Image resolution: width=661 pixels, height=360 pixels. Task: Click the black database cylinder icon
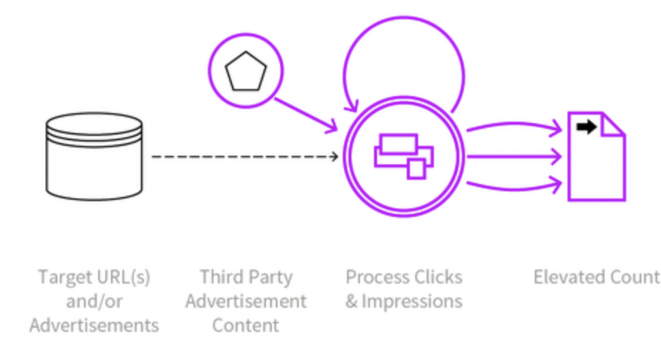tap(94, 156)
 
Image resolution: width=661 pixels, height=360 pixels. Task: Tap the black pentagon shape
tap(246, 71)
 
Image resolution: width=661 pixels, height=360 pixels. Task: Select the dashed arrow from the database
tap(245, 156)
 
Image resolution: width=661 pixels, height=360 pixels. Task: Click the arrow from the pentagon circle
tap(306, 115)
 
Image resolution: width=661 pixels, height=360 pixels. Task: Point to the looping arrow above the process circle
tap(404, 63)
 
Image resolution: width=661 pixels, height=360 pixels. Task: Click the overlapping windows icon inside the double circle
tap(404, 156)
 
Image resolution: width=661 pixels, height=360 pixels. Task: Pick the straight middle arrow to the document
tap(514, 156)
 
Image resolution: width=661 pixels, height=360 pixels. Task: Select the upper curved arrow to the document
tap(514, 126)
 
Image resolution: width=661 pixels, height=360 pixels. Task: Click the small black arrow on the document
tap(586, 126)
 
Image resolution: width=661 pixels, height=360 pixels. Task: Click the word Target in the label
tap(66, 277)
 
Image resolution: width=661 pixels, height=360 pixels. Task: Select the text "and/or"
tap(94, 302)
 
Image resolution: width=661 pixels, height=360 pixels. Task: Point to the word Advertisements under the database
tap(94, 325)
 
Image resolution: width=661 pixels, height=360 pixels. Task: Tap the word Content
tap(246, 325)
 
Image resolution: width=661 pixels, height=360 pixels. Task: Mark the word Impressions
tap(412, 301)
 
